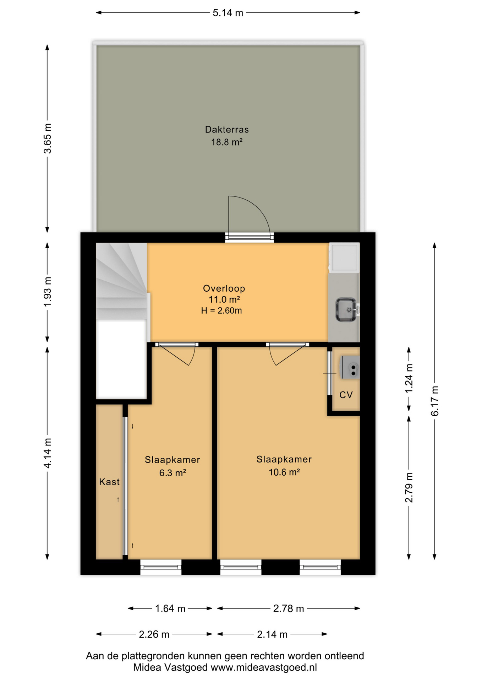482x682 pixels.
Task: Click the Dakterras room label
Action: [x=227, y=130]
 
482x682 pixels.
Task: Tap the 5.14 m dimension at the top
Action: [x=228, y=13]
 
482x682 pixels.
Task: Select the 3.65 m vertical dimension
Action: [x=47, y=139]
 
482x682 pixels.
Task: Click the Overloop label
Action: [x=224, y=288]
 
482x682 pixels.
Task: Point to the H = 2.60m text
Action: [x=221, y=311]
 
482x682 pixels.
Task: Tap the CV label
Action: [x=346, y=395]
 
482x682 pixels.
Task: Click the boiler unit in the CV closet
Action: [x=350, y=368]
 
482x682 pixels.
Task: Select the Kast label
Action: [x=109, y=482]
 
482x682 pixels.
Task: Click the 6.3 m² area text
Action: [x=173, y=473]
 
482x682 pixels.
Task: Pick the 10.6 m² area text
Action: [x=284, y=472]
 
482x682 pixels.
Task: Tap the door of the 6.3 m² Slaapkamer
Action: [x=176, y=354]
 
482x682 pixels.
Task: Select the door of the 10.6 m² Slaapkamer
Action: [x=287, y=354]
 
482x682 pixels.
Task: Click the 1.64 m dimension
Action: [x=170, y=609]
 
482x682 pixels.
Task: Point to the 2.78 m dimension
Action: [x=289, y=609]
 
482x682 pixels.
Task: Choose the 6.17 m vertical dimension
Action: [x=435, y=401]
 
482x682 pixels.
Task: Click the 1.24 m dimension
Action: [x=409, y=379]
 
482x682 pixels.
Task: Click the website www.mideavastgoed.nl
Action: [x=264, y=668]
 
